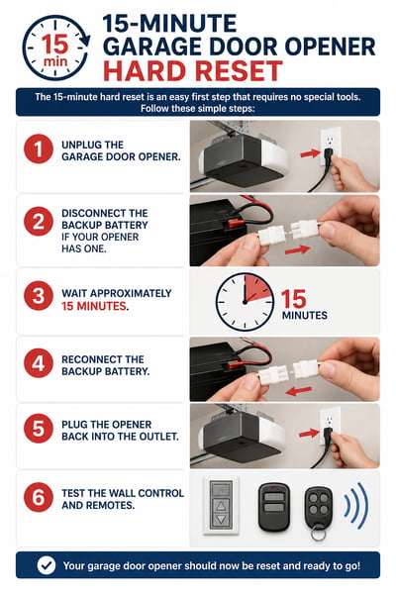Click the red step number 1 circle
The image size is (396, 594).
point(39,148)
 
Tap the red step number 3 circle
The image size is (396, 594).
point(39,296)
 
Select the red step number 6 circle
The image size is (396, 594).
point(39,497)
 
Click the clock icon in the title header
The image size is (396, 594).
point(56,48)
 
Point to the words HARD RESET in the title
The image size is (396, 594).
point(193,71)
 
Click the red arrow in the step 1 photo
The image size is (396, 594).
point(310,153)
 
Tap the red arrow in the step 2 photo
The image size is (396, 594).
point(297,250)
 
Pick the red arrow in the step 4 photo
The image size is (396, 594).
point(299,391)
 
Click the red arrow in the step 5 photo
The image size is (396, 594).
point(309,434)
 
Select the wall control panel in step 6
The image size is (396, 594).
point(221,505)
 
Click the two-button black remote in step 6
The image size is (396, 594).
point(273,507)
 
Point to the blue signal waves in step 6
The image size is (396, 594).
point(356,505)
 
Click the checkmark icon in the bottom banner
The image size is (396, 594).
point(47,565)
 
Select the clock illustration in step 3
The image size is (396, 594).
point(245,302)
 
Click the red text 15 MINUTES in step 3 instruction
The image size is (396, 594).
point(94,306)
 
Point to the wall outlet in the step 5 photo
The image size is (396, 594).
point(330,425)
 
